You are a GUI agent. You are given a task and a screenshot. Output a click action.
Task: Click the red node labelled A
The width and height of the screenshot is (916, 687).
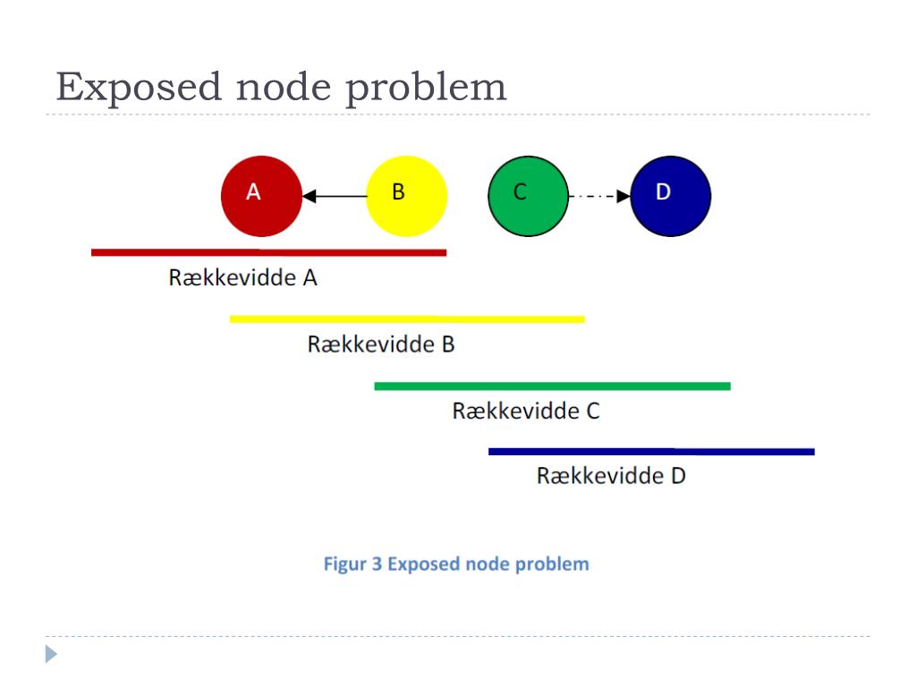[x=261, y=196]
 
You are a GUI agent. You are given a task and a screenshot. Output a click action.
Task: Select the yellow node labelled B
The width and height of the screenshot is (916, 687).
[x=407, y=196]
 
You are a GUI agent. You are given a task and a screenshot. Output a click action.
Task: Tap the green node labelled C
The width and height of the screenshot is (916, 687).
[x=528, y=196]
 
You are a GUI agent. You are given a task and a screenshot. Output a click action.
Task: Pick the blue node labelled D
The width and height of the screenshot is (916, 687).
[x=671, y=196]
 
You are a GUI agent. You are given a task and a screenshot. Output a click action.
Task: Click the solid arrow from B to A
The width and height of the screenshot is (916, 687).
[x=335, y=196]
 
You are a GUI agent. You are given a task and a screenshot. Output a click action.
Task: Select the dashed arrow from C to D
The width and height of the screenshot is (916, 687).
[x=599, y=196]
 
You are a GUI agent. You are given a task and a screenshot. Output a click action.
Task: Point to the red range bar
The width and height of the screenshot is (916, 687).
[x=268, y=252]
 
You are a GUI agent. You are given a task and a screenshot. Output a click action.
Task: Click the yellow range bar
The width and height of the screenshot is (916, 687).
[x=407, y=319]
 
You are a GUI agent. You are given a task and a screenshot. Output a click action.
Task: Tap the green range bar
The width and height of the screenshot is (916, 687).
[x=552, y=386]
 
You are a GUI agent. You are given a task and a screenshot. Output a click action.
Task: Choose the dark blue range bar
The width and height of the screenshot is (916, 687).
[x=651, y=452]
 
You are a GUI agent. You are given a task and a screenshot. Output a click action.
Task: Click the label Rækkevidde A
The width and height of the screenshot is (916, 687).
[x=243, y=277]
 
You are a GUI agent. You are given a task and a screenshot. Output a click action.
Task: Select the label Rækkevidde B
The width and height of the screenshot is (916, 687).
[x=381, y=344]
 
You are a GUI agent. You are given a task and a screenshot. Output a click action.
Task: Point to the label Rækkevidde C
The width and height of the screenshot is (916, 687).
[x=526, y=411]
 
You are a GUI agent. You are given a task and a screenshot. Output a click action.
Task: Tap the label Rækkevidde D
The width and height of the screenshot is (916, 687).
[x=611, y=476]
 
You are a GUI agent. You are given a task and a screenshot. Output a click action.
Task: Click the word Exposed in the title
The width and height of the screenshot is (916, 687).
[x=139, y=88]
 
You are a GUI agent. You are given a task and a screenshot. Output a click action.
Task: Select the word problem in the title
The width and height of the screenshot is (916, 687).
[x=427, y=88]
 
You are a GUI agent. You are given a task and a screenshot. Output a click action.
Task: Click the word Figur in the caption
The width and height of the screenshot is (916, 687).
[x=344, y=564]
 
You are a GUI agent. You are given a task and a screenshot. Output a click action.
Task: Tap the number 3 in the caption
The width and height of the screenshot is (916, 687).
[x=377, y=564]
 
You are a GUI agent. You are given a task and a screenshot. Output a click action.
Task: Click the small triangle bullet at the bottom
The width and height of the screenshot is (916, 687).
[x=51, y=654]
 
